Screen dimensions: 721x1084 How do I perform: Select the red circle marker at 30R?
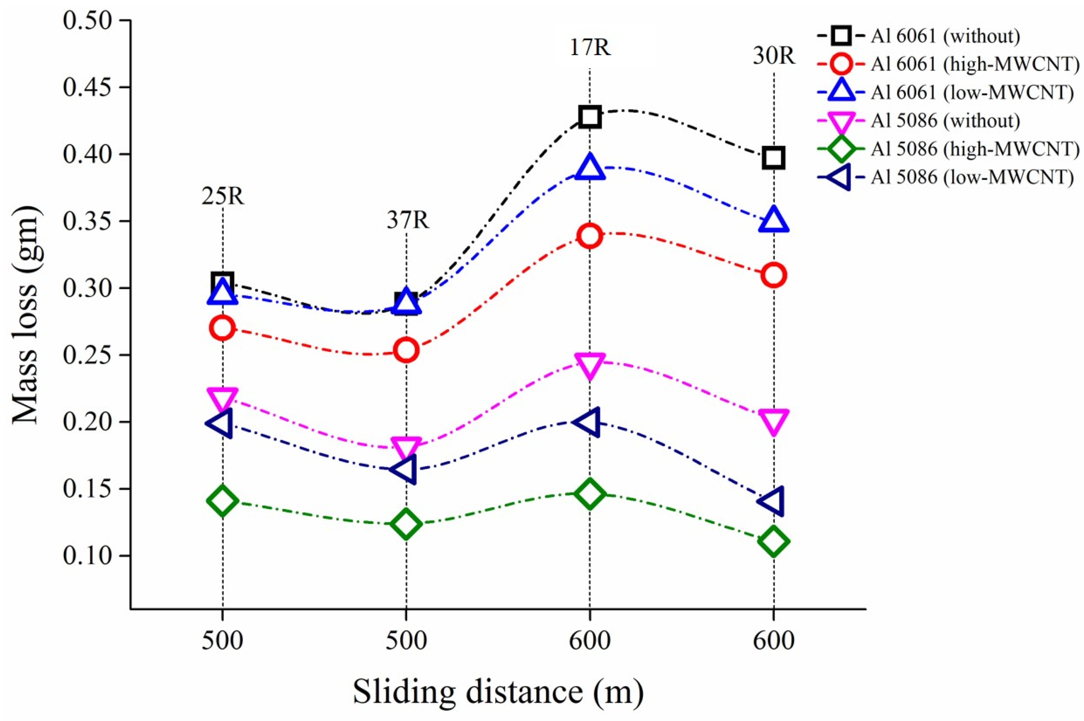click(x=774, y=275)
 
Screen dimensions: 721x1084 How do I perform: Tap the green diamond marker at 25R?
click(x=223, y=500)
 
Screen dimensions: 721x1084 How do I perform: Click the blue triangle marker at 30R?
click(x=774, y=220)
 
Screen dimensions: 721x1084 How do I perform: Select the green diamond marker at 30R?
click(x=774, y=541)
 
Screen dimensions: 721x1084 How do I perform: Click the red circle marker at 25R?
click(x=223, y=328)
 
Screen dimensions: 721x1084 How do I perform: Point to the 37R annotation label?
click(x=407, y=221)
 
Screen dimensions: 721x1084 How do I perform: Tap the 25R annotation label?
click(x=223, y=197)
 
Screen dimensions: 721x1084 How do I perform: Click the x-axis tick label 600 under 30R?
click(x=774, y=641)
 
